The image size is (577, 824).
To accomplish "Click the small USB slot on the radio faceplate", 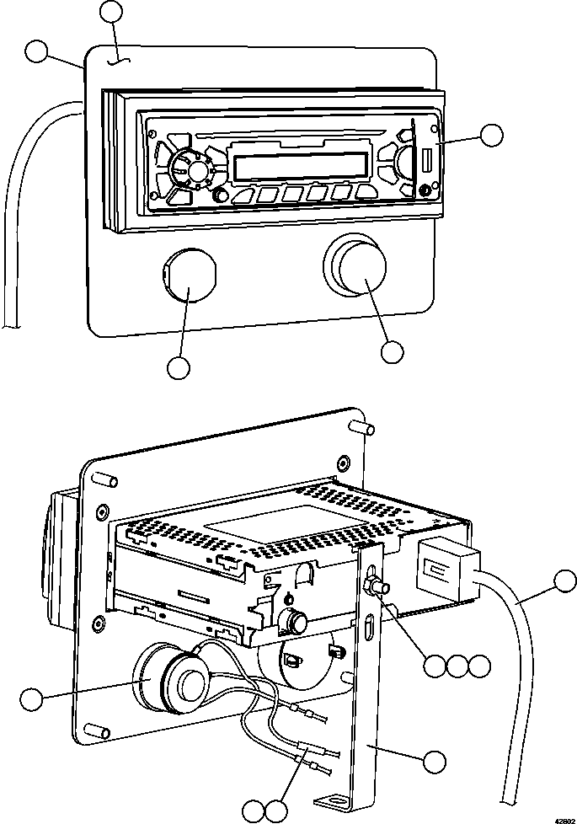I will coord(426,160).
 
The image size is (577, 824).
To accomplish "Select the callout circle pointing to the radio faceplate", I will coord(491,134).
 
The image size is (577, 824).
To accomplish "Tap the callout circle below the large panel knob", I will coord(392,351).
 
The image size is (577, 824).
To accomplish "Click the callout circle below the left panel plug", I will coord(179,367).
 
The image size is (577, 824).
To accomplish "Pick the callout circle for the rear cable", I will coord(564,580).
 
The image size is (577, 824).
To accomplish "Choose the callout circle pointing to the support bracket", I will coord(434,761).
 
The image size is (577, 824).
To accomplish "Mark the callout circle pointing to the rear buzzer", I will coord(30,698).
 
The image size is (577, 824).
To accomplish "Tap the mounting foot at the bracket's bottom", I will coord(335,800).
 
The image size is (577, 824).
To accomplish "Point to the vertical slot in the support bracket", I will coord(370,631).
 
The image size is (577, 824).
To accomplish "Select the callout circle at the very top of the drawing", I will coord(111,11).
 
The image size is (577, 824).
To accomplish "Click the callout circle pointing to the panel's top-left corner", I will coord(36,51).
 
